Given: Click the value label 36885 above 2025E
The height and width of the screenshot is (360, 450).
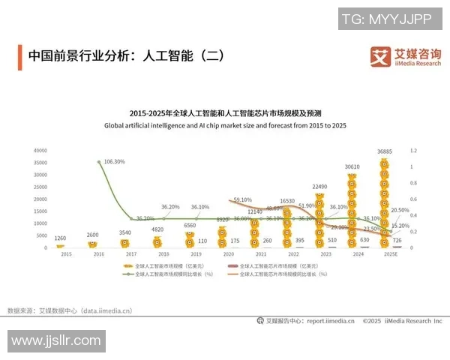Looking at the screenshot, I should pyautogui.click(x=385, y=151).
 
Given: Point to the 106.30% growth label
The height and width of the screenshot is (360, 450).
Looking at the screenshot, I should pyautogui.click(x=115, y=162).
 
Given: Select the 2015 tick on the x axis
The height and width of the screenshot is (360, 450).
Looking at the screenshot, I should pyautogui.click(x=66, y=255).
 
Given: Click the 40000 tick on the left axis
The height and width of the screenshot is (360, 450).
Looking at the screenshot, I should pyautogui.click(x=40, y=151).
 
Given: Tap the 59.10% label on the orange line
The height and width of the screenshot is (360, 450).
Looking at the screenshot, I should pyautogui.click(x=242, y=200).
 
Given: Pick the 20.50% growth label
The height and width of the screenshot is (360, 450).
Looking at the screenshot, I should pyautogui.click(x=400, y=211).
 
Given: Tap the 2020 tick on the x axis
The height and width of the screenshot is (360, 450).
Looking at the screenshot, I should pyautogui.click(x=225, y=255).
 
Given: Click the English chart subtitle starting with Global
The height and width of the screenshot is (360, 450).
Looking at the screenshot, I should pyautogui.click(x=224, y=126).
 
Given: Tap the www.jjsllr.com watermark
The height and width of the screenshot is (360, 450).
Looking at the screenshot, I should pyautogui.click(x=56, y=341).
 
